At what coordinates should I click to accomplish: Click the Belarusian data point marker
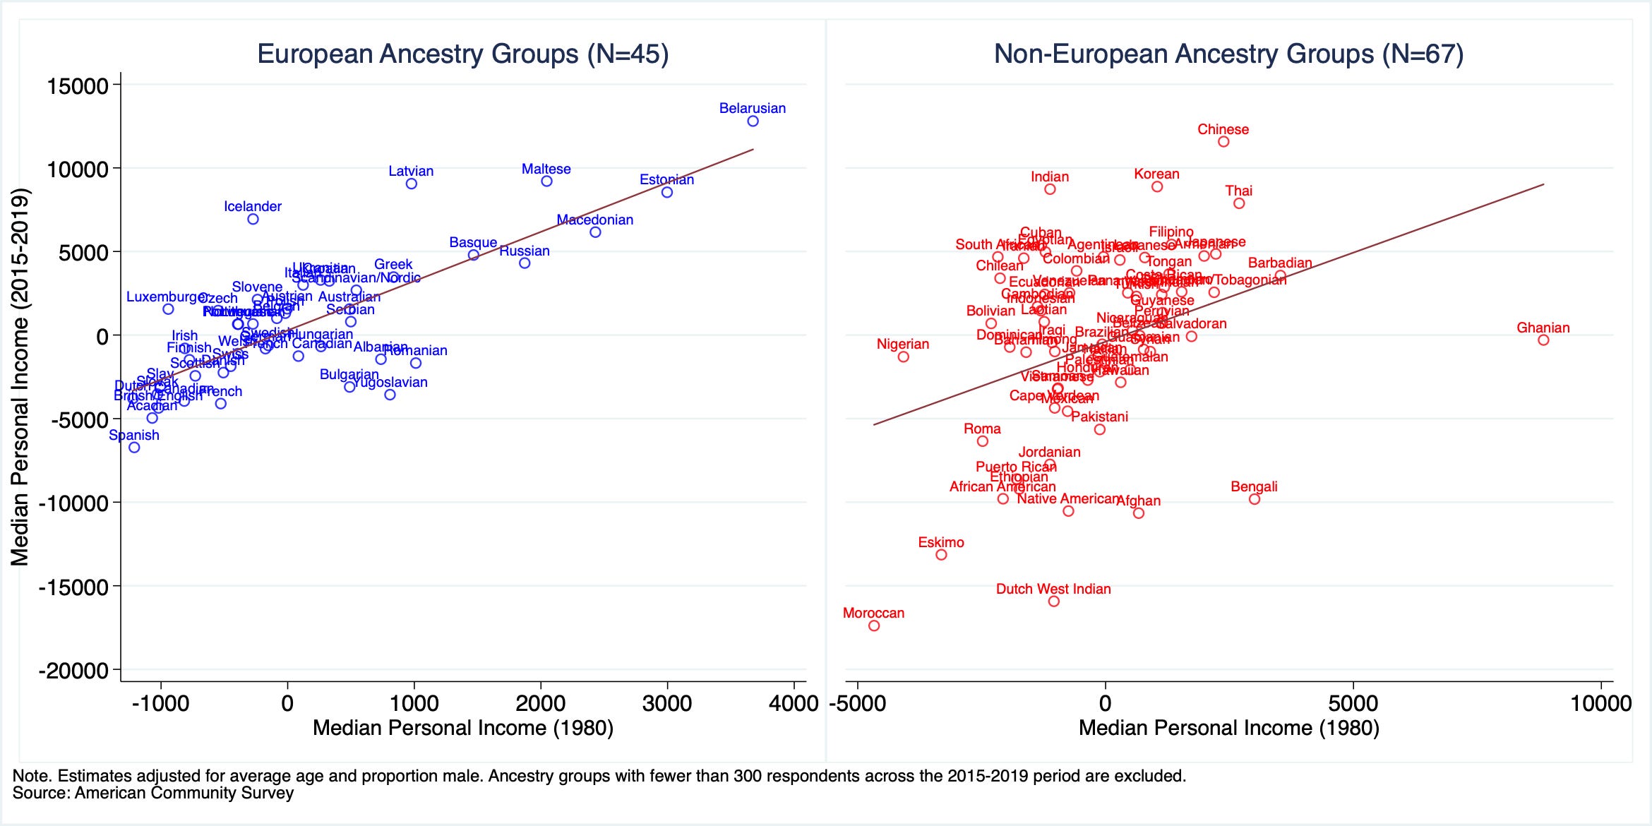[x=753, y=121]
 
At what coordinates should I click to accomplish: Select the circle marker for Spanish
[x=134, y=448]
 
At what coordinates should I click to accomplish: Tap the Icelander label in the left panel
[x=253, y=206]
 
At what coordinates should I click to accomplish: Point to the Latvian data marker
[x=412, y=184]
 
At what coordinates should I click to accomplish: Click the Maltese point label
[x=546, y=169]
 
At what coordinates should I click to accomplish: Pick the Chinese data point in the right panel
[x=1223, y=142]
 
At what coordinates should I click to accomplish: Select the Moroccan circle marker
[x=874, y=626]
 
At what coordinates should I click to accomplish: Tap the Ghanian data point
[x=1543, y=340]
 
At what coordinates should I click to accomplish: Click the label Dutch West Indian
[x=1053, y=589]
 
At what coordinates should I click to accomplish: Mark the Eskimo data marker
[x=941, y=555]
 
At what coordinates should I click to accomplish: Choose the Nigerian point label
[x=902, y=344]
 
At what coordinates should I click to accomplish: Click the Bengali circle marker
[x=1255, y=499]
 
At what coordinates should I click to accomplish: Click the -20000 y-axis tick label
[x=73, y=670]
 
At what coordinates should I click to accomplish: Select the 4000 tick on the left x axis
[x=794, y=703]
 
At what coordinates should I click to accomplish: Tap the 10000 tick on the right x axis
[x=1601, y=703]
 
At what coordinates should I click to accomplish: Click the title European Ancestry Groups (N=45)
[x=462, y=54]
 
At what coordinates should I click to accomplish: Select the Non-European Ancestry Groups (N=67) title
[x=1228, y=54]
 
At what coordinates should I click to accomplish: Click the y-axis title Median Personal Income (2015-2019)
[x=20, y=377]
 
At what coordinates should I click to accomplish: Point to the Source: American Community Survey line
[x=153, y=793]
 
